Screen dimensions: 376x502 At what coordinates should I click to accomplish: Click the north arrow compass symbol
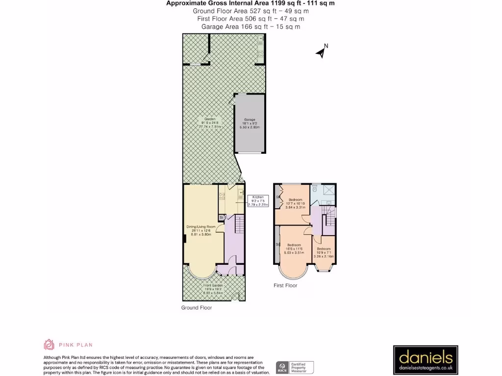tap(322, 51)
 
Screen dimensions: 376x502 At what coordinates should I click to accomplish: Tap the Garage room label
tap(250, 123)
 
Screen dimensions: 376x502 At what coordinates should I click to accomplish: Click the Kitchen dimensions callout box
tap(259, 201)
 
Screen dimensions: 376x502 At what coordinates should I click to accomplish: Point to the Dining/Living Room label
tap(201, 230)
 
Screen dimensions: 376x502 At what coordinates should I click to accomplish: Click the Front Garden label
tap(214, 288)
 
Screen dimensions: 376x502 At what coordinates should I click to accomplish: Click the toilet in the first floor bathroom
tap(315, 188)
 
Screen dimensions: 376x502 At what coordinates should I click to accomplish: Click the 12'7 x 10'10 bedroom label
tap(295, 203)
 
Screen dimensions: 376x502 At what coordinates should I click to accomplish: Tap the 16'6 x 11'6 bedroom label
tap(294, 248)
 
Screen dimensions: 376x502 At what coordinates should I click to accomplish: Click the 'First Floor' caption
tap(285, 285)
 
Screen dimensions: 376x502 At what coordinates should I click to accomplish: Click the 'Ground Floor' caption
tap(197, 308)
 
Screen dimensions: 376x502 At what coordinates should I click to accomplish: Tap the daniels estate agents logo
tap(426, 360)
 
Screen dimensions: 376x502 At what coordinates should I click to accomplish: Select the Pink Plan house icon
tap(50, 345)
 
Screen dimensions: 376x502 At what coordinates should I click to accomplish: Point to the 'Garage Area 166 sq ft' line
tap(251, 27)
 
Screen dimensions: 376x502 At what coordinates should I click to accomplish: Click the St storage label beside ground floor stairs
tap(222, 217)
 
